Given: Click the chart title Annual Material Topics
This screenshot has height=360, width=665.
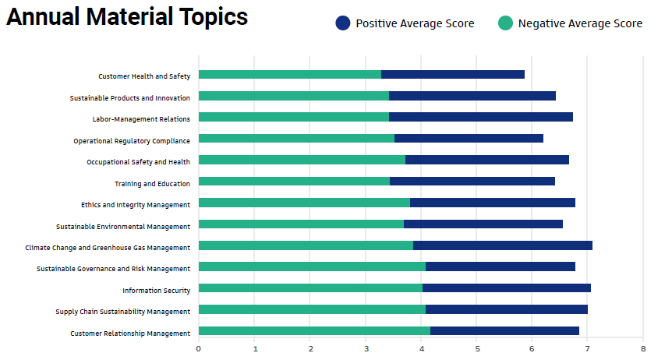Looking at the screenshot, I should click(127, 17).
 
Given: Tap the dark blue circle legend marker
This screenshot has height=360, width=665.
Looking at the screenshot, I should click(343, 23).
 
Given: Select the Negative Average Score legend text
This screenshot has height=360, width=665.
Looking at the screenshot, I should click(580, 23).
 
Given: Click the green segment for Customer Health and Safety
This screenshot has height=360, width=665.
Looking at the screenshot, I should click(290, 75).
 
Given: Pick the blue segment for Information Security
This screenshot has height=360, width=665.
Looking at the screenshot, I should click(507, 288).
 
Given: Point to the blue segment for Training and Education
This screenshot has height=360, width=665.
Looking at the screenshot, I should click(472, 182).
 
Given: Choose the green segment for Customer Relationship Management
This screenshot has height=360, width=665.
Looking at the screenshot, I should click(314, 331).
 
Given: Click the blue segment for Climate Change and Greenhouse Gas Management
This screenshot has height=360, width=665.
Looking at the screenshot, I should click(503, 245).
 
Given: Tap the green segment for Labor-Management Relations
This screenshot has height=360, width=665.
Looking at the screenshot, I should click(294, 117).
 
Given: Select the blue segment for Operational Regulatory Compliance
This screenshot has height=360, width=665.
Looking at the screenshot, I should click(469, 139).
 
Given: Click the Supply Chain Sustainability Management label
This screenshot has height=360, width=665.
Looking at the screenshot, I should click(123, 312).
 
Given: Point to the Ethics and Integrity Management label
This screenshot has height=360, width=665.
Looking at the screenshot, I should click(136, 205).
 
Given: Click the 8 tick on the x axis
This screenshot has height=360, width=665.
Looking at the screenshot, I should click(642, 348).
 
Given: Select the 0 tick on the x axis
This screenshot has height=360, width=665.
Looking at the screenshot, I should click(199, 348).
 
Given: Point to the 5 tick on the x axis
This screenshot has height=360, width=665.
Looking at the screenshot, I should click(476, 348).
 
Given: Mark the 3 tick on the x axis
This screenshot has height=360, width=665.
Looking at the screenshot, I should click(366, 348).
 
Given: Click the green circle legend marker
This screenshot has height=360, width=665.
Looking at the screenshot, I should click(505, 23).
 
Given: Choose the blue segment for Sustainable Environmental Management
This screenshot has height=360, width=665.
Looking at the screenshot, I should click(483, 224).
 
